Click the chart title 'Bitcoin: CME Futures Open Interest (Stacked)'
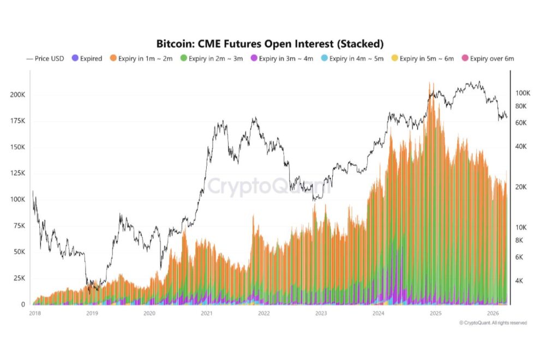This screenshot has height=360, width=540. (270, 43)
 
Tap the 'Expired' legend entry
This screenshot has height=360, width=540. (87, 58)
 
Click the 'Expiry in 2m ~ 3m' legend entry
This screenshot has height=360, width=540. (212, 58)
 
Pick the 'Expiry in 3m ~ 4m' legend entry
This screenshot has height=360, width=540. (282, 58)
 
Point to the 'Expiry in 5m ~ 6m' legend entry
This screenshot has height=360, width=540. (423, 58)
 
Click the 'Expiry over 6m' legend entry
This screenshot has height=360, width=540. (488, 58)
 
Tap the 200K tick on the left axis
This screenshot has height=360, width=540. (18, 94)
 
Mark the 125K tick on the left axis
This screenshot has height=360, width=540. (18, 173)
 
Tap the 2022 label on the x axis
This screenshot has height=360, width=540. (264, 314)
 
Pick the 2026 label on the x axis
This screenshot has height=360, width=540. (493, 314)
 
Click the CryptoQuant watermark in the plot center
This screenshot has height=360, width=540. (269, 187)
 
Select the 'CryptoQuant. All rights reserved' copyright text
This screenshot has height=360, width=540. (493, 323)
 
